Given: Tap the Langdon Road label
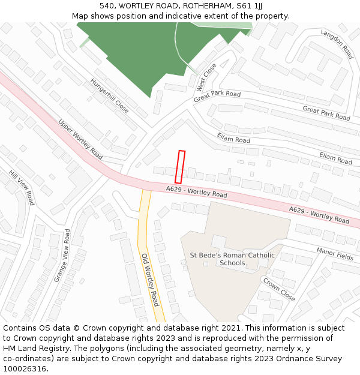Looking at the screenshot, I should (337, 44).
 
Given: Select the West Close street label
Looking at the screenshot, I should (206, 78).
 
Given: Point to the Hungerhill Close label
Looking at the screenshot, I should (109, 96).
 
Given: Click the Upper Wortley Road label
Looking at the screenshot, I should (80, 139).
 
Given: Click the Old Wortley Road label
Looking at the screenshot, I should (150, 279).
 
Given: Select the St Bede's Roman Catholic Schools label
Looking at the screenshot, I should (232, 259).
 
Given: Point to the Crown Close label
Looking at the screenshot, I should (279, 289).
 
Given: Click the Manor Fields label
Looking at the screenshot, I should (335, 254).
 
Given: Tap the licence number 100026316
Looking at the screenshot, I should (25, 369).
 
